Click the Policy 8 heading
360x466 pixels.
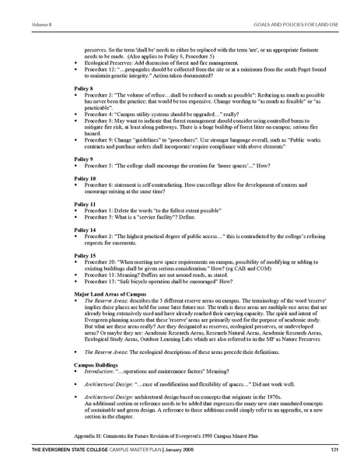click(x=83, y=89)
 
